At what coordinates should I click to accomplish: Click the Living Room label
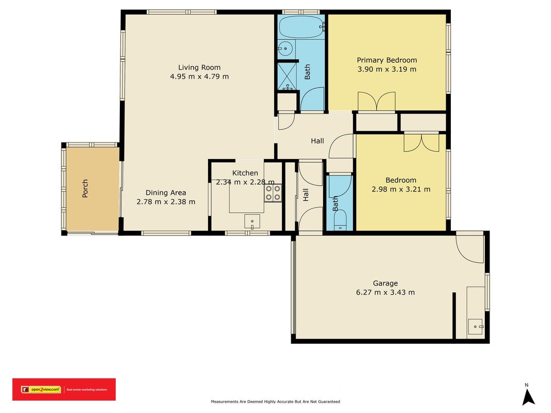pos(199,68)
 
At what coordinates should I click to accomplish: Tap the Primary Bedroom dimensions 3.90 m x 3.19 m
pos(387,69)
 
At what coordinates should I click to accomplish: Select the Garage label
pos(385,283)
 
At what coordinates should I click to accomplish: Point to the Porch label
pos(85,188)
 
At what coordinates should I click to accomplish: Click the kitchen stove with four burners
pos(273,193)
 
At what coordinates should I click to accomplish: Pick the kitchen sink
pos(253,221)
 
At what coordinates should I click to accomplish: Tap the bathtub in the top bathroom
pos(302,27)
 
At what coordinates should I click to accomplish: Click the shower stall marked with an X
pos(288,76)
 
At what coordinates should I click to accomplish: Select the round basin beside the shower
pos(286,49)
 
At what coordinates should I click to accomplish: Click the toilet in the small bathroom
pos(340,221)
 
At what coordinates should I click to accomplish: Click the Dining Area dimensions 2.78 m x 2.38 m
pos(166,201)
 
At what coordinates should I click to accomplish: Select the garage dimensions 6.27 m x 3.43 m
pos(385,292)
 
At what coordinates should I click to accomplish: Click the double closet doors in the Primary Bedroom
pos(376,101)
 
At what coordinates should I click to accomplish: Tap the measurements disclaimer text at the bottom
pos(276,402)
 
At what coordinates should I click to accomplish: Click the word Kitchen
pos(245,173)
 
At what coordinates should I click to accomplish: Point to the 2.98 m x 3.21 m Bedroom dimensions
pos(401,189)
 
